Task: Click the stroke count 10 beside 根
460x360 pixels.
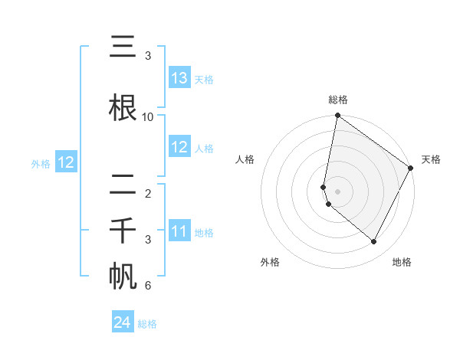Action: (x=148, y=116)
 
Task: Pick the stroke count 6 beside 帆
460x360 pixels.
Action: (x=148, y=286)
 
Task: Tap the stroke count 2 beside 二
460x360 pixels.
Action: (x=148, y=194)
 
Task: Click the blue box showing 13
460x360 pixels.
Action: (x=179, y=78)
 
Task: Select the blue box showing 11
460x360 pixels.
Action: (x=179, y=231)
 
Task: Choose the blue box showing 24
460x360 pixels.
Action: (x=123, y=323)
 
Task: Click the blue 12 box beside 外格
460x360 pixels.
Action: (x=65, y=162)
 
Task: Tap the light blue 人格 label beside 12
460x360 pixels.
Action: (x=204, y=148)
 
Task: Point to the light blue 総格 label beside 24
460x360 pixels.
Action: (x=147, y=324)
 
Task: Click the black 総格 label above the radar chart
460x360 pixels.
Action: (x=338, y=100)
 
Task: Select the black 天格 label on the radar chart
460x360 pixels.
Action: (x=431, y=159)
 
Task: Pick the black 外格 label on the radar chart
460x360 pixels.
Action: (x=270, y=262)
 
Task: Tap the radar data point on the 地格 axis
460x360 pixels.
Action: (x=374, y=242)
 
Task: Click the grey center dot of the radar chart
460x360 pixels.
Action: (x=338, y=191)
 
